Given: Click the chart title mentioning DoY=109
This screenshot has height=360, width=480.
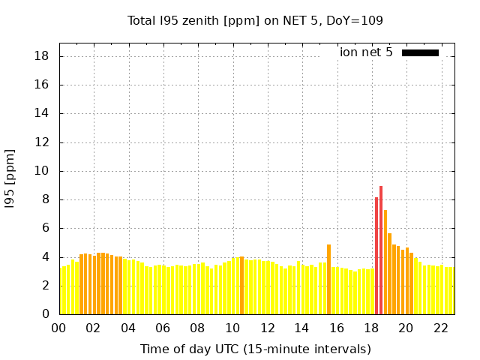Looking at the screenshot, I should [x=255, y=21].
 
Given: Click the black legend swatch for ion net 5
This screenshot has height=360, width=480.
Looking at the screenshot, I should [x=420, y=52].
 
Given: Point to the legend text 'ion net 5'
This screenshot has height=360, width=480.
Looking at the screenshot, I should [x=366, y=52].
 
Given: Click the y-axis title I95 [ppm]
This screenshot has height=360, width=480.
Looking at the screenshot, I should [x=10, y=178].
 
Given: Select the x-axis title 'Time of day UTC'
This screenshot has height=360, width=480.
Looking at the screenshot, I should [x=255, y=349].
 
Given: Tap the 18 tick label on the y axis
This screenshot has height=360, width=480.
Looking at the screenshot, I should [x=43, y=56].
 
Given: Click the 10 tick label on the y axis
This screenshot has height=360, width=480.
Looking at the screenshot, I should [x=43, y=171].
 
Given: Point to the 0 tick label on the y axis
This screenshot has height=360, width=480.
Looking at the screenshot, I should [x=46, y=314].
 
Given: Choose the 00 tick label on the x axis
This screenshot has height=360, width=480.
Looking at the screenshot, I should [x=58, y=328].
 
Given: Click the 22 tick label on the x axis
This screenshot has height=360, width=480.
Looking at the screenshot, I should [x=440, y=328].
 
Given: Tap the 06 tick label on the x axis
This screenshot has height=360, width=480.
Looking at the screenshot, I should [x=163, y=328].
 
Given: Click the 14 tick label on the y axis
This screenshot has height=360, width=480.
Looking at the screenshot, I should [x=43, y=113].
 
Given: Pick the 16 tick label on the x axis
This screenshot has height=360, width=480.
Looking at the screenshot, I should [x=336, y=328].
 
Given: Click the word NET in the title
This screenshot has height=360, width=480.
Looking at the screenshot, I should [x=277, y=21].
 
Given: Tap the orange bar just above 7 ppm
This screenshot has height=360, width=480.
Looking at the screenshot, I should [x=385, y=262].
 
